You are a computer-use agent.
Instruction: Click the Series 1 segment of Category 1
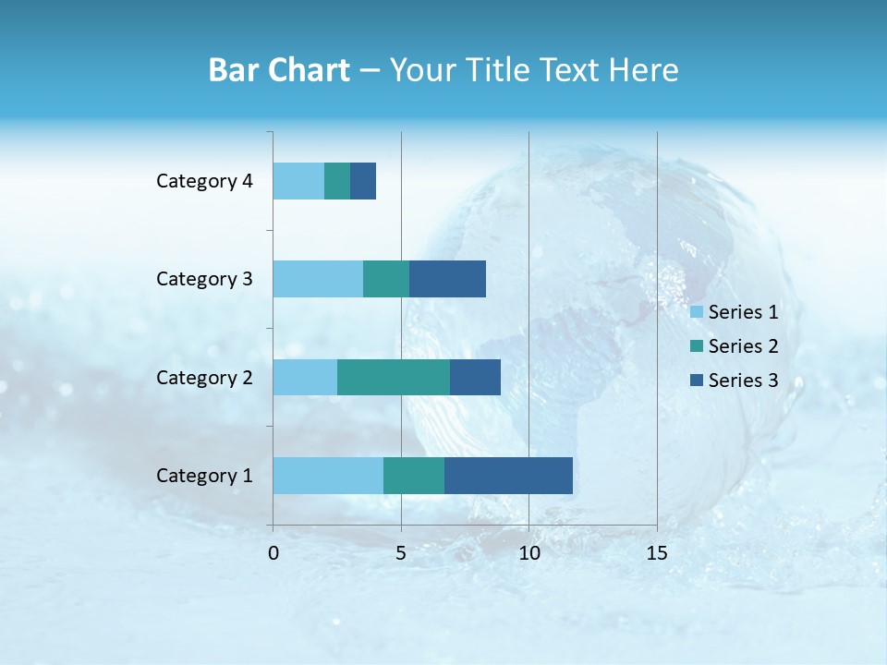(328, 476)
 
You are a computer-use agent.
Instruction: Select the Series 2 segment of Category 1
(414, 476)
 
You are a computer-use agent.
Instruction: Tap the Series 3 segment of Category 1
(508, 476)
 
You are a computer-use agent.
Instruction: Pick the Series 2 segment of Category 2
(394, 377)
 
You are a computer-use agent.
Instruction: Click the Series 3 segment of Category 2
(475, 377)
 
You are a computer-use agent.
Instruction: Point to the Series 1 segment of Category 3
(318, 279)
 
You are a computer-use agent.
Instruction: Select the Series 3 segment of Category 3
(447, 279)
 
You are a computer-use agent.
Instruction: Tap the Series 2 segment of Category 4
(337, 181)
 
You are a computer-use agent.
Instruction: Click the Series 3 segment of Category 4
(363, 181)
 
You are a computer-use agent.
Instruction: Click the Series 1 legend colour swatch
(697, 312)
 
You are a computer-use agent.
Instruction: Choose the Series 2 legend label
(743, 346)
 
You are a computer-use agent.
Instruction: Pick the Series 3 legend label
(743, 381)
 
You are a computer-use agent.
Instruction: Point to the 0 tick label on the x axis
(273, 553)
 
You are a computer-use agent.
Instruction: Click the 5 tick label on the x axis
(401, 553)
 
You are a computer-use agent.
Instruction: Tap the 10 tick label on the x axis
(529, 553)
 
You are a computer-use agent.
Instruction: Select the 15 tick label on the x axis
(657, 553)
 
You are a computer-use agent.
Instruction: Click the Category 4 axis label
(204, 181)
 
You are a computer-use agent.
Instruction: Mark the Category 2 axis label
(204, 377)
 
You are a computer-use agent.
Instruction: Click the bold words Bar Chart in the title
(279, 70)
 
